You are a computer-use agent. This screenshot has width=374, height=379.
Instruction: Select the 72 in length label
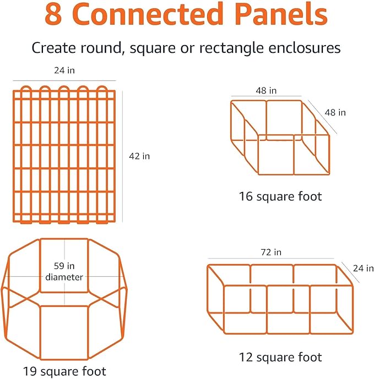(x=270, y=252)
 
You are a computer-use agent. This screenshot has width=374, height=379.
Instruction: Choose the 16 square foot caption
(x=280, y=196)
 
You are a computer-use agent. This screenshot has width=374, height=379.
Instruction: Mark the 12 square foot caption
(x=280, y=357)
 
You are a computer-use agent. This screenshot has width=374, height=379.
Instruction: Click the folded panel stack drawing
(x=64, y=154)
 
